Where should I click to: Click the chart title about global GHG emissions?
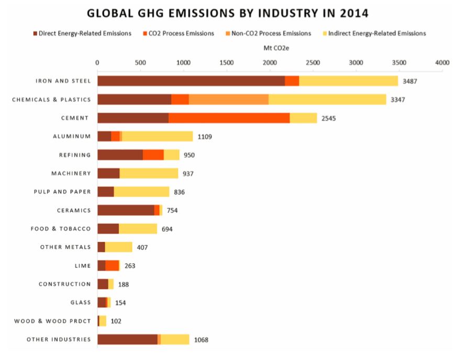click(x=228, y=13)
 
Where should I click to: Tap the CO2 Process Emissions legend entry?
click(x=177, y=34)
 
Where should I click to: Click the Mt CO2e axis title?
click(x=270, y=48)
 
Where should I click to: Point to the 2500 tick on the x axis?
click(x=313, y=62)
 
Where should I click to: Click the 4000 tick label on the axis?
click(x=442, y=62)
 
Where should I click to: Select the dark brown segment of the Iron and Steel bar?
click(x=191, y=81)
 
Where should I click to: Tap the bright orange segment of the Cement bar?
click(x=229, y=118)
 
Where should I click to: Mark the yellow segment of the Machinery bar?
click(x=149, y=173)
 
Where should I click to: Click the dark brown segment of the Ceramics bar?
click(x=126, y=210)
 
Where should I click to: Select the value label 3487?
click(x=410, y=81)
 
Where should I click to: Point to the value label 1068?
click(x=201, y=340)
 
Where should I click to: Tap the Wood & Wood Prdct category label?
click(x=52, y=321)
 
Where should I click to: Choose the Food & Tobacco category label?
click(x=61, y=228)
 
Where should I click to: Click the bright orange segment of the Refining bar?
click(x=153, y=155)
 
